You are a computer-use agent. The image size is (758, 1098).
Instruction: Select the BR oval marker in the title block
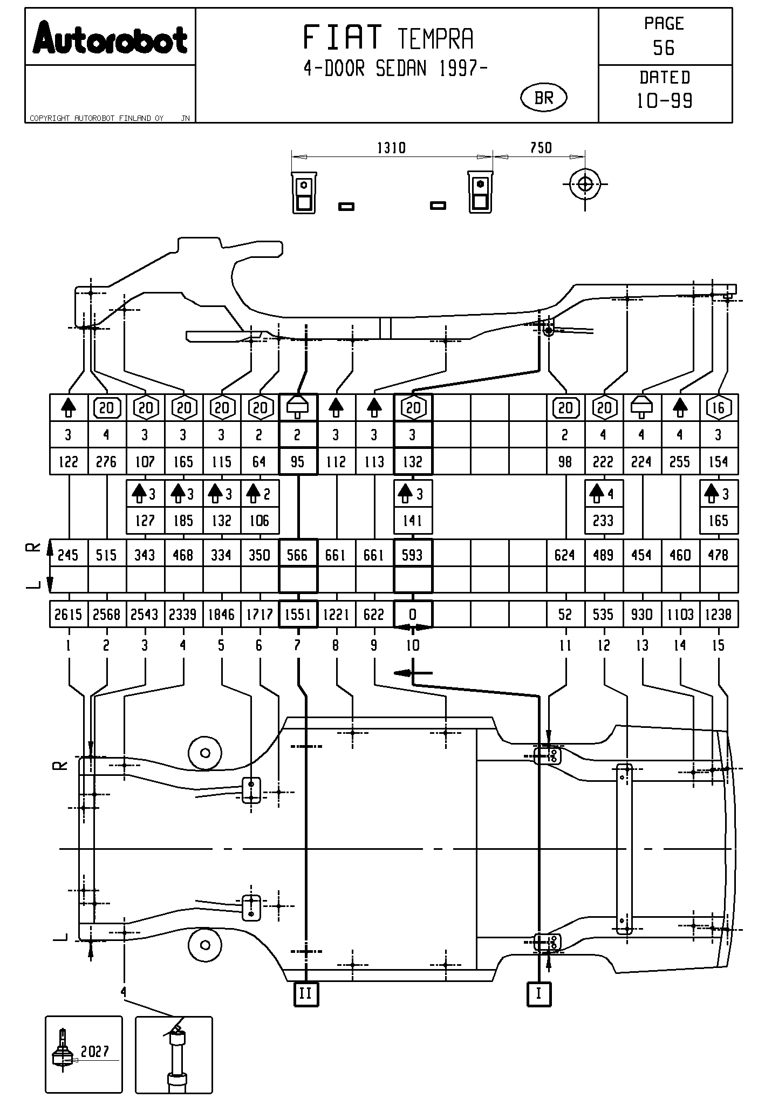(x=544, y=98)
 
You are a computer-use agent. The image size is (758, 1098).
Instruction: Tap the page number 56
(x=664, y=49)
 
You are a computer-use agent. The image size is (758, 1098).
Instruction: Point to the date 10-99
(x=665, y=101)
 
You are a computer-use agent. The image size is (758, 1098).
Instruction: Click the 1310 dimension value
(x=391, y=148)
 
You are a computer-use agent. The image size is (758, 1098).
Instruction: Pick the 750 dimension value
(x=541, y=148)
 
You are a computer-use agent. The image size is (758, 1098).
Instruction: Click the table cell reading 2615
(x=68, y=615)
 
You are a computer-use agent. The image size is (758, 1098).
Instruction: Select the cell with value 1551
(x=298, y=615)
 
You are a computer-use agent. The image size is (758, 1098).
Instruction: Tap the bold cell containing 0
(x=413, y=615)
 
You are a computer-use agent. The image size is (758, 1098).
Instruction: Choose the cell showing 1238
(x=718, y=615)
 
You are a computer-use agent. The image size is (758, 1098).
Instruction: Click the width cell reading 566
(x=298, y=555)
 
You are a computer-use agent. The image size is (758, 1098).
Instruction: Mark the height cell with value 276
(x=106, y=462)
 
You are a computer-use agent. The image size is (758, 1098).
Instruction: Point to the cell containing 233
(x=603, y=521)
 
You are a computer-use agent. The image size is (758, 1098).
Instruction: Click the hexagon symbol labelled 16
(x=718, y=408)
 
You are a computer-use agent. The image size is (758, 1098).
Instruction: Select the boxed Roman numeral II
(x=306, y=993)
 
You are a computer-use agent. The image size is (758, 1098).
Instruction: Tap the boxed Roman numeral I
(x=538, y=993)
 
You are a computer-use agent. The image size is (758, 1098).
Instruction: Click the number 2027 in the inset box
(x=95, y=1051)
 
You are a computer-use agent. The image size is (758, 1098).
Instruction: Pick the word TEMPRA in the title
(x=435, y=39)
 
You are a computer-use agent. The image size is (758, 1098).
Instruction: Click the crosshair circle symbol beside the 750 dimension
(x=585, y=184)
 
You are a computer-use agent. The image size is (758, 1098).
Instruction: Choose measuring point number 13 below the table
(x=642, y=645)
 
